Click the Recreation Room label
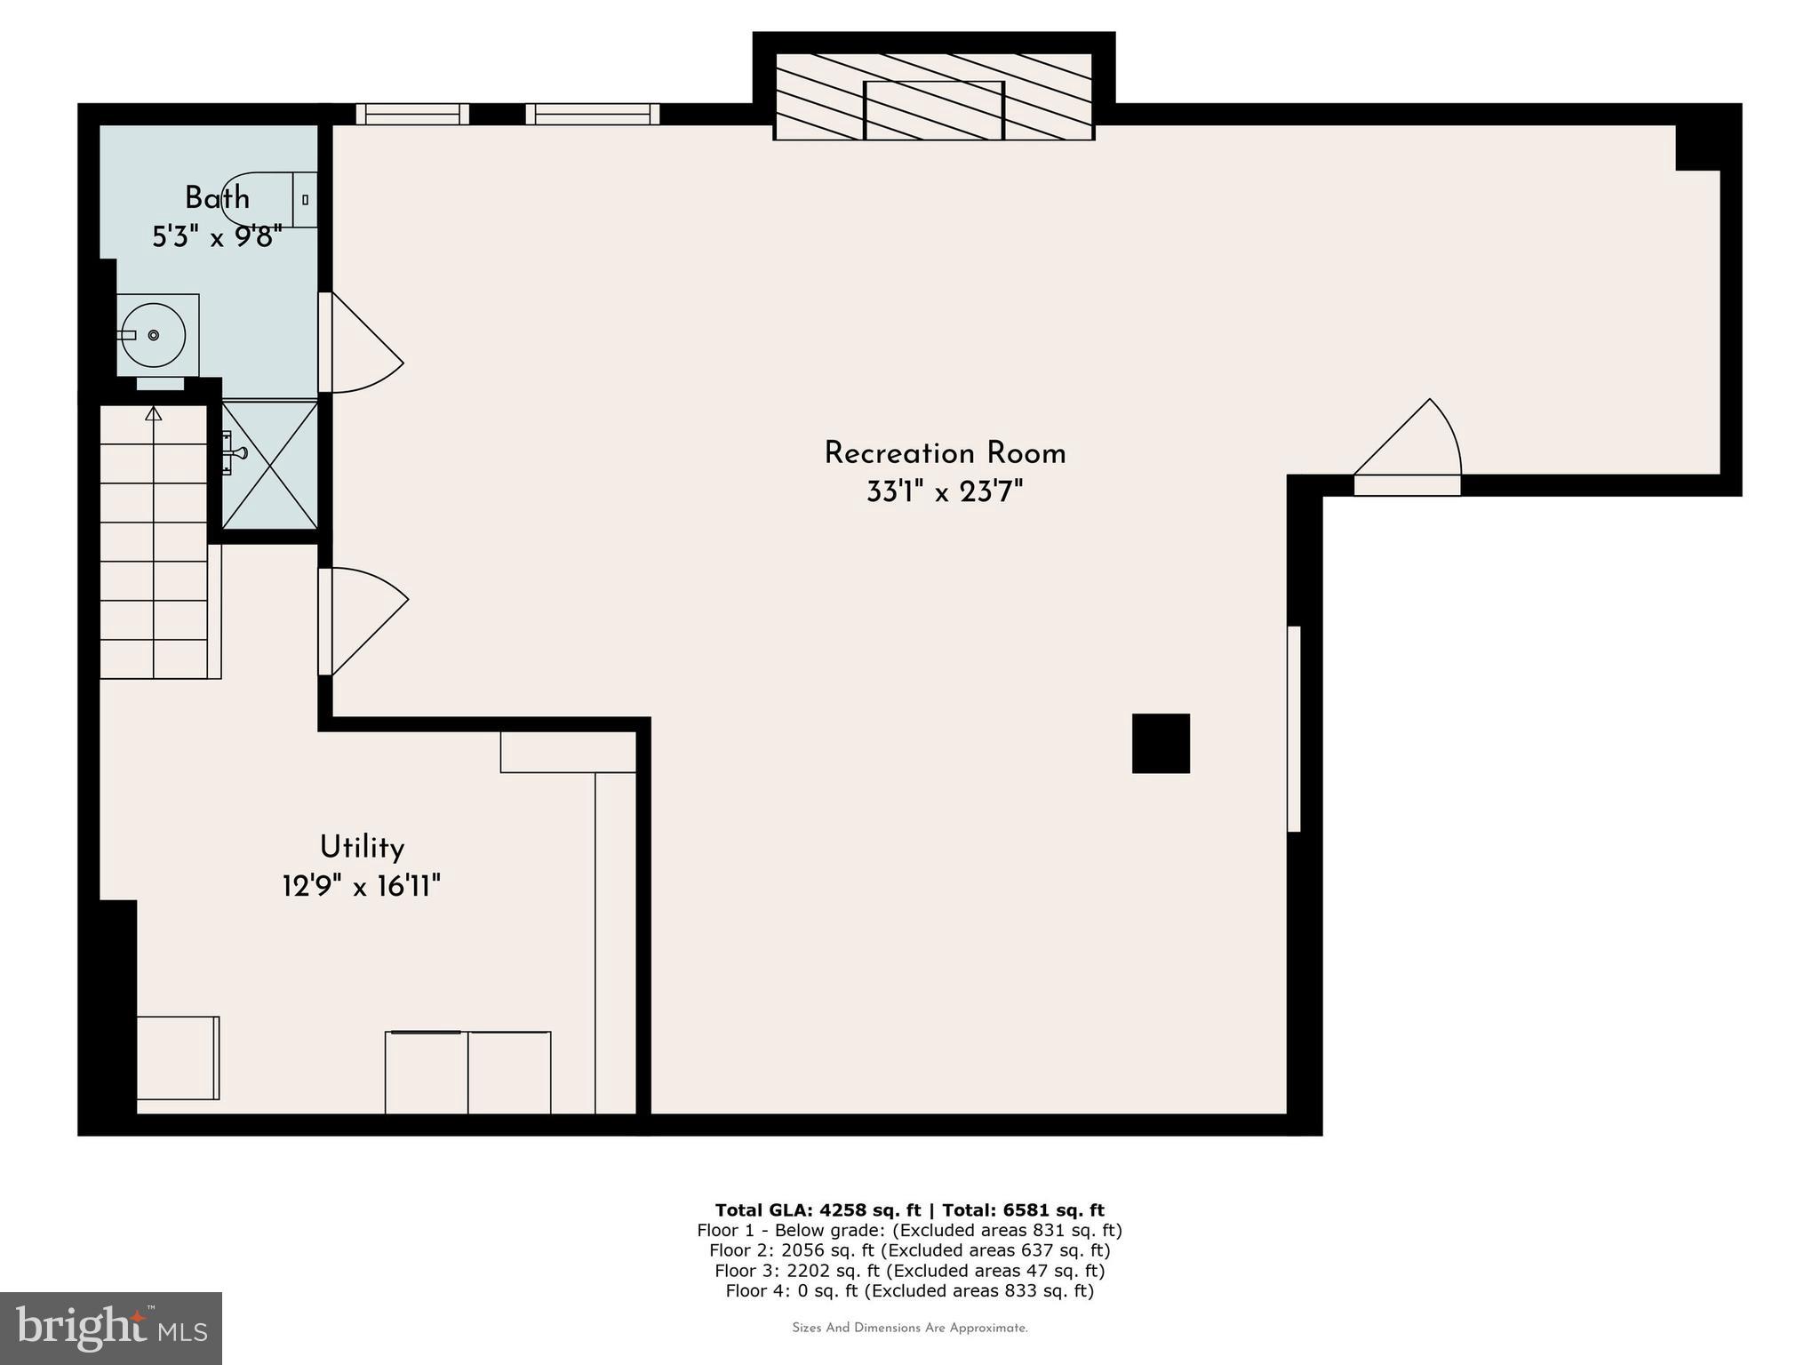tap(945, 453)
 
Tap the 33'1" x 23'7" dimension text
tap(945, 491)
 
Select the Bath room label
tap(217, 197)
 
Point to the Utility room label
tap(362, 847)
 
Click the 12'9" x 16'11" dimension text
tap(362, 886)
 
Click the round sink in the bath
tap(154, 335)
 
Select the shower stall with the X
tap(269, 465)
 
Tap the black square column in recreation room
tap(1161, 743)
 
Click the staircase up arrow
tap(154, 414)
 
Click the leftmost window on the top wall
tap(412, 114)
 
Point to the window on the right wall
tap(1294, 729)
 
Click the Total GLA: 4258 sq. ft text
tap(818, 1209)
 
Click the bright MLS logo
tap(111, 1328)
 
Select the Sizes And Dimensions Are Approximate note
tap(909, 1328)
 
